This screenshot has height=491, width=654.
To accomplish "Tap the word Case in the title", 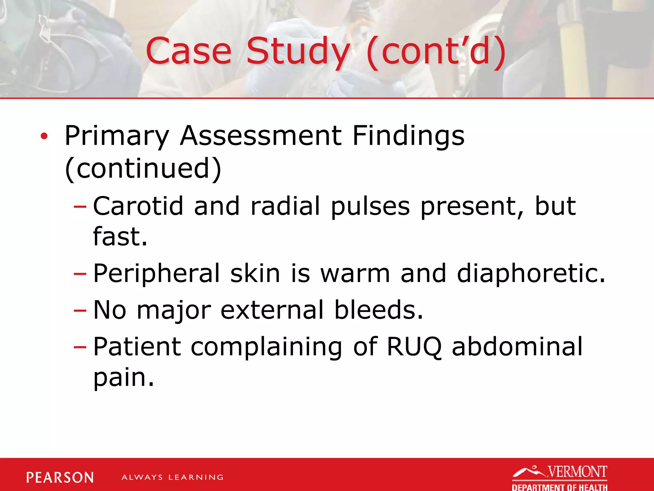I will pos(188,51).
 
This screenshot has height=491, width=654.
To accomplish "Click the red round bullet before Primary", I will pos(44,136).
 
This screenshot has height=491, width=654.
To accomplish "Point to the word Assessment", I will pos(260,136).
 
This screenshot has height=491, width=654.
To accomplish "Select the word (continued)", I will pos(143,168).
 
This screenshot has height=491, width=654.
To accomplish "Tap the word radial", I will pos(285,206).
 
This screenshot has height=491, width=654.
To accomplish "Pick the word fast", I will pos(120,237).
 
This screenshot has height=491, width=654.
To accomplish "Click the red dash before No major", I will pos(80,310).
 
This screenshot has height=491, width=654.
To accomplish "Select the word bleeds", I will pos(378,310).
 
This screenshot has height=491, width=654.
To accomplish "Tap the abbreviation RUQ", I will pos(414,347).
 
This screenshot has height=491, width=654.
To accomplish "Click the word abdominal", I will pos(517,347).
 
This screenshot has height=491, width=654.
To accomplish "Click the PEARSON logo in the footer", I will pos(60,478).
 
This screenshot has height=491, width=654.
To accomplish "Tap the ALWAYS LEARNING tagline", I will pos(172,478).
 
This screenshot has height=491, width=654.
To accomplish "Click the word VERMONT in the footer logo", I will pos(577,472).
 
